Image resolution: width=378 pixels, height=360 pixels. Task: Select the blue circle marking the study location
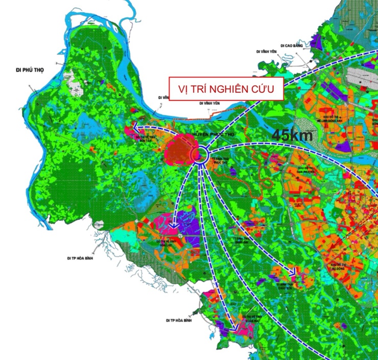(200, 155)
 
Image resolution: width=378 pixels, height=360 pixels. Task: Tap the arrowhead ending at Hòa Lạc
(174, 224)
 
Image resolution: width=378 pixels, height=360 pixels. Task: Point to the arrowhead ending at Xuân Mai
(233, 328)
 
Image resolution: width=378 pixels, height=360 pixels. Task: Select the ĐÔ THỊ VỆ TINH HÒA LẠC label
(167, 242)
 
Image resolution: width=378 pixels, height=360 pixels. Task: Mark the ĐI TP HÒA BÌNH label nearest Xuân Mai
(178, 320)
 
